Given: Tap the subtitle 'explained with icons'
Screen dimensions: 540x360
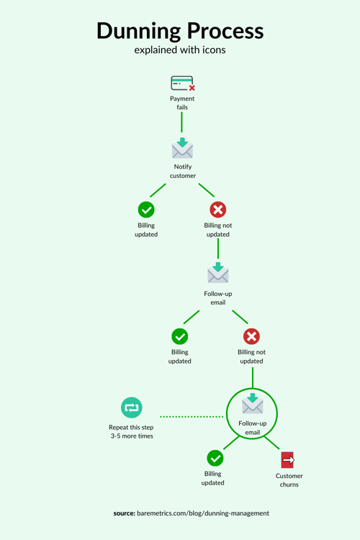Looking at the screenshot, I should tap(180, 50).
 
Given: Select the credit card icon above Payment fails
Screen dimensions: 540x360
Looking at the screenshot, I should tap(182, 83).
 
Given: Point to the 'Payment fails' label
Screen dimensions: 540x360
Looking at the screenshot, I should tap(182, 103).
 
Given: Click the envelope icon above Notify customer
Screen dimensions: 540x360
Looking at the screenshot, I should tap(182, 148).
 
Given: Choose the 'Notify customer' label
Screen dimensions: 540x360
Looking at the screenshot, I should tap(182, 171).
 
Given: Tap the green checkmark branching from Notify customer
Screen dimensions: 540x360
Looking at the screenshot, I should tap(146, 210).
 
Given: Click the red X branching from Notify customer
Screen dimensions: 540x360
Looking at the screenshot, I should tap(217, 210).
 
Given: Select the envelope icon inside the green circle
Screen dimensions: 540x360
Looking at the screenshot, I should tap(252, 404).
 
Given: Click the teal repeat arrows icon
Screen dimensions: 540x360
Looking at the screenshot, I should tap(131, 408).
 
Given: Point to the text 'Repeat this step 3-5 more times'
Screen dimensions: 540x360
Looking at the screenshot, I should tap(131, 431).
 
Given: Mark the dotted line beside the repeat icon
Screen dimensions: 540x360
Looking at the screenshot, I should tap(191, 416).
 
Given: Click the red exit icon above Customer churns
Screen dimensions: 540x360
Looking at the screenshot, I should tap(288, 460).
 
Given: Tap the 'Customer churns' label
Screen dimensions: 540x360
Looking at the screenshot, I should tap(289, 480).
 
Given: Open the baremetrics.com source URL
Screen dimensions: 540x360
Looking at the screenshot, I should tap(204, 513).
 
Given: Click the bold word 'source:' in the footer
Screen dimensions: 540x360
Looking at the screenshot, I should tap(125, 513).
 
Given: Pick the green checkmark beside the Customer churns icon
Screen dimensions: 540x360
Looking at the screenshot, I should tap(215, 458).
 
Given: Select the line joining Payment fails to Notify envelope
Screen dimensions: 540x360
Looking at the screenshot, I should tap(182, 122).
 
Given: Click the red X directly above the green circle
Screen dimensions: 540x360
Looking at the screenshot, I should tap(251, 336).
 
